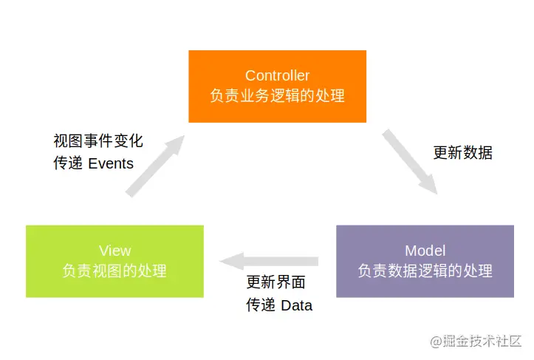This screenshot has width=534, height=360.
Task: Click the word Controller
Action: [277, 75]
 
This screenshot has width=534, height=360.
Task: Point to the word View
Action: [114, 251]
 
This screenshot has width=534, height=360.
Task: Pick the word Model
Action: [425, 251]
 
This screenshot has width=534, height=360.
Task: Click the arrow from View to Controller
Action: [154, 166]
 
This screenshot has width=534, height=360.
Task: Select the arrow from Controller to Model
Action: [410, 161]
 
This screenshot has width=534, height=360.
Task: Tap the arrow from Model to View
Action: [270, 261]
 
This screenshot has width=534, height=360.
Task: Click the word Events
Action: [111, 163]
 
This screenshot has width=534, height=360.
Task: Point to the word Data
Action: [297, 305]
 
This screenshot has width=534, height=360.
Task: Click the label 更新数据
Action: [462, 153]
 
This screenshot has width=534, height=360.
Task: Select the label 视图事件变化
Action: [98, 140]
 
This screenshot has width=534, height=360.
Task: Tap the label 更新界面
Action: [275, 282]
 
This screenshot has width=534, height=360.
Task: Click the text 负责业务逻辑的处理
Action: [277, 96]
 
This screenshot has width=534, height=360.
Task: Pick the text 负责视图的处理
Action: [114, 271]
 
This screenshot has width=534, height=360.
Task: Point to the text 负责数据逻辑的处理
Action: [425, 271]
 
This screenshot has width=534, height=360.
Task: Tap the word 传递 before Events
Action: [67, 163]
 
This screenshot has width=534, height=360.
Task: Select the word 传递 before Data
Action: [260, 305]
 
